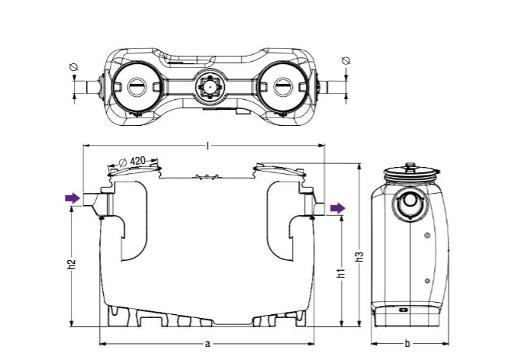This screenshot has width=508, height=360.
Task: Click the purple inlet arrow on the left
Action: click(72, 198)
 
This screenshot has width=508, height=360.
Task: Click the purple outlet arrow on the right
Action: click(338, 208)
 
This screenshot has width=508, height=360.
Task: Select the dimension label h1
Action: click(341, 273)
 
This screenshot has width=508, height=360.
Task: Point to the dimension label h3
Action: click(359, 256)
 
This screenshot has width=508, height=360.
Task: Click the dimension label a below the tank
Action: click(207, 344)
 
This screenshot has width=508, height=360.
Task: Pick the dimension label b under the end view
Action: click(407, 343)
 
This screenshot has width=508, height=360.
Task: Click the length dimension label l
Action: click(207, 146)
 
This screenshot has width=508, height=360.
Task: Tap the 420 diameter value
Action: click(138, 161)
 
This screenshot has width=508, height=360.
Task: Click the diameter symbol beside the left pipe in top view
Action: click(74, 67)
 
